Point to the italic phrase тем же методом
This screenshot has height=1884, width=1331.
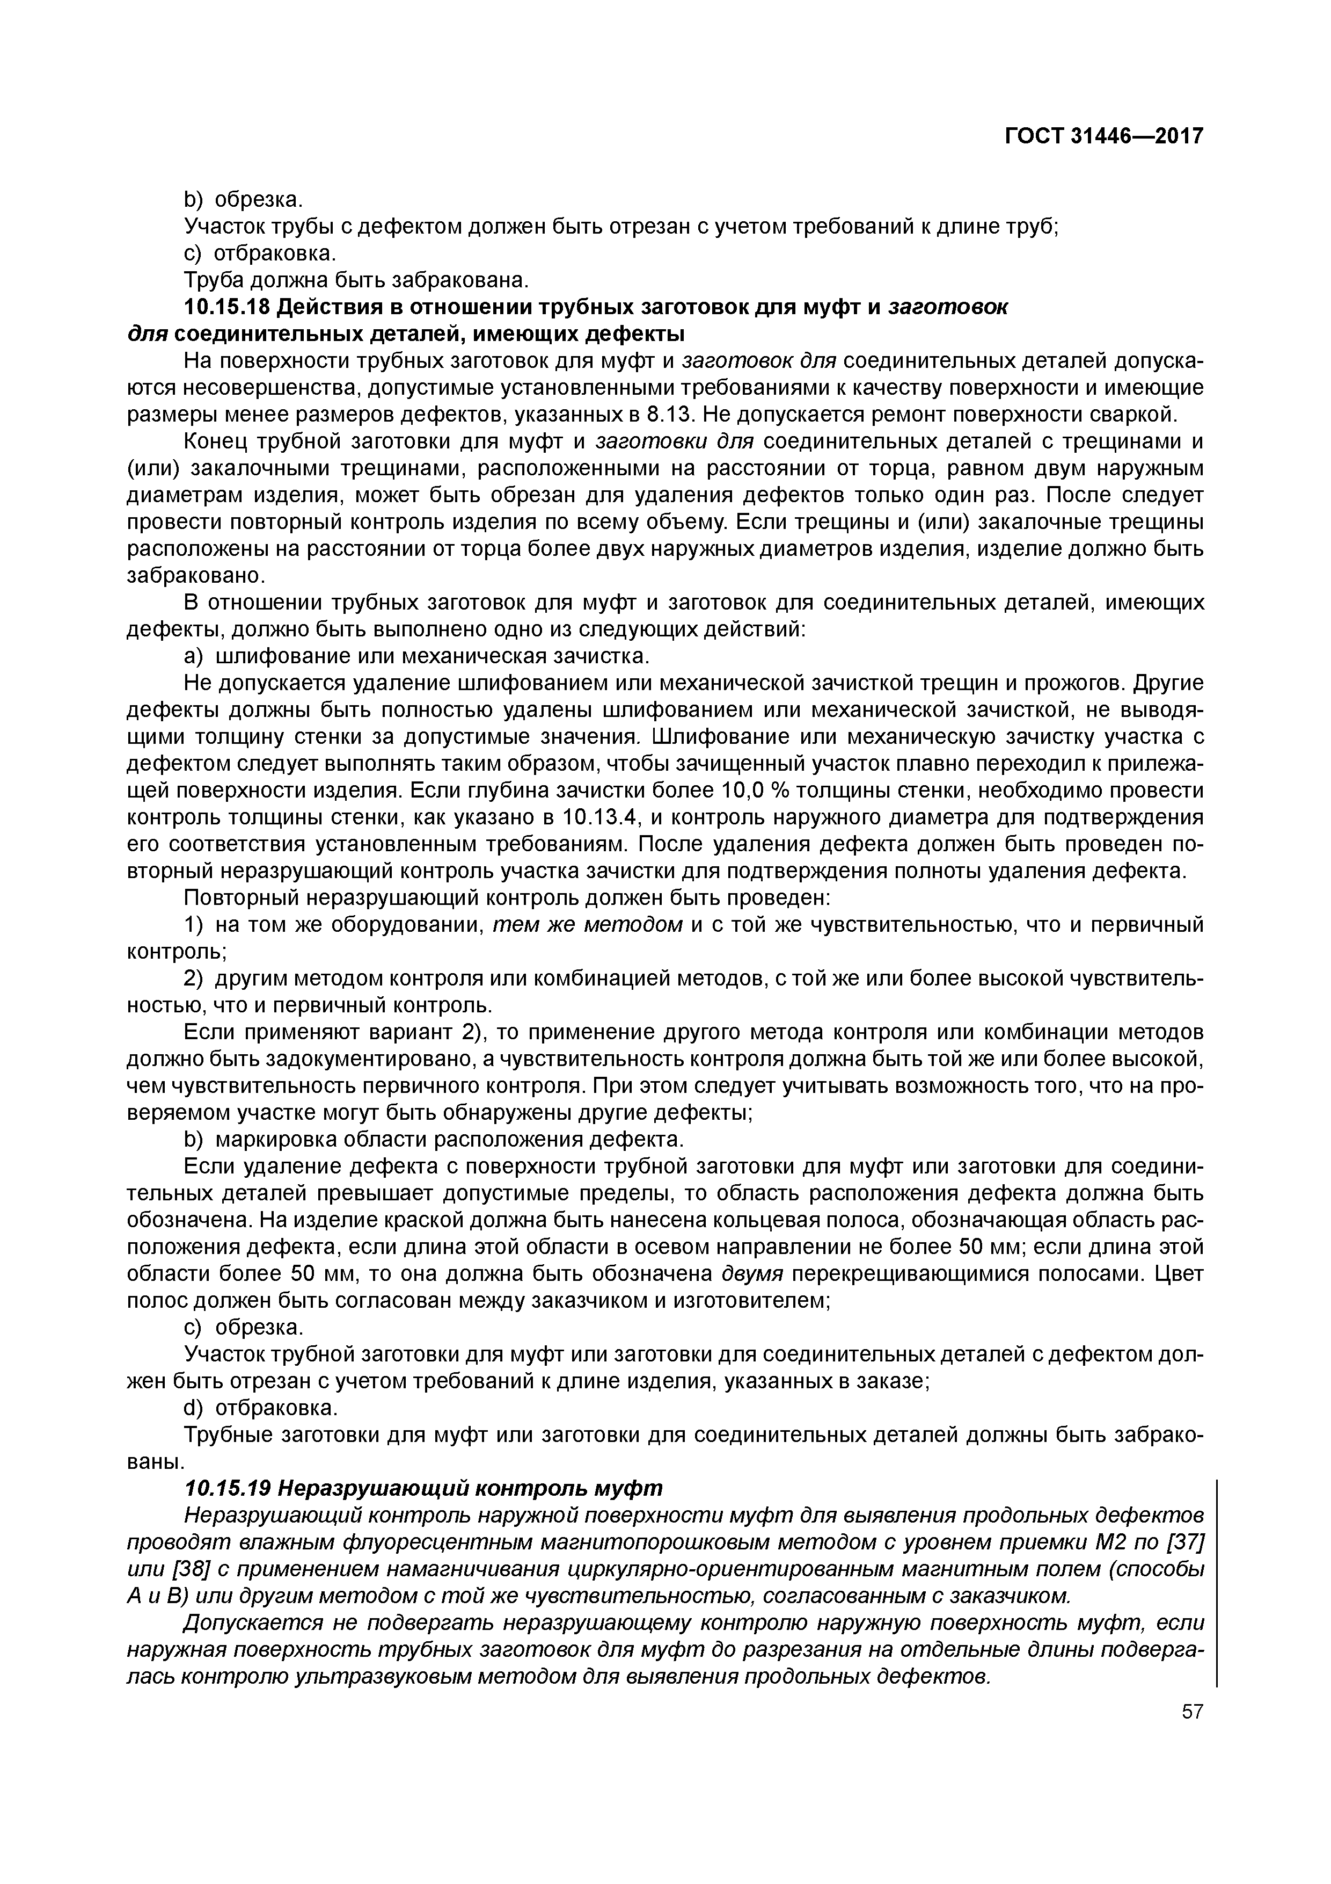tap(587, 925)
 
